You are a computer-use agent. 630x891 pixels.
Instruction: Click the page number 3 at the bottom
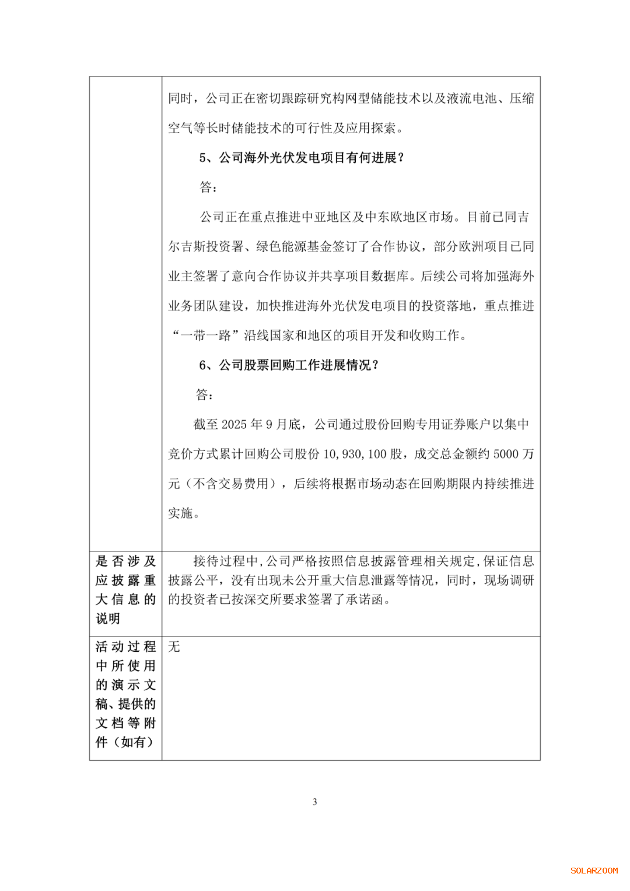pos(315,802)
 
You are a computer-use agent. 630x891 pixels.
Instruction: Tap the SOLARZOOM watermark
pos(594,871)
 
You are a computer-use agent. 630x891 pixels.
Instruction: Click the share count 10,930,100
pos(355,454)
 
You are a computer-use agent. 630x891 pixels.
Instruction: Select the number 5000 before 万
pos(506,454)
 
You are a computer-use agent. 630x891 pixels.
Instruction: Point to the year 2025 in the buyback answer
pos(234,424)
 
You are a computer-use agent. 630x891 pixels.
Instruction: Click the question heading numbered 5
pos(302,158)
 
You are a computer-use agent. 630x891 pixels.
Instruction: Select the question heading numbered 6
pos(289,365)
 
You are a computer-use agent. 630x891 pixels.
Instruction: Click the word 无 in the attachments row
pos(174,647)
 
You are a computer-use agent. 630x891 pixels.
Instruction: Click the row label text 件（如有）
pos(124,742)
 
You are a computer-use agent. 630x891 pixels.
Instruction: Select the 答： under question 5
pos(208,187)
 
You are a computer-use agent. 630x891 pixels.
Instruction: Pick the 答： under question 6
pos(204,395)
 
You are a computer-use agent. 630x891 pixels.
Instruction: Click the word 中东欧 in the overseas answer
pos(384,217)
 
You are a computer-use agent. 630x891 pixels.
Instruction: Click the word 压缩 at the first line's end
pos(521,98)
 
